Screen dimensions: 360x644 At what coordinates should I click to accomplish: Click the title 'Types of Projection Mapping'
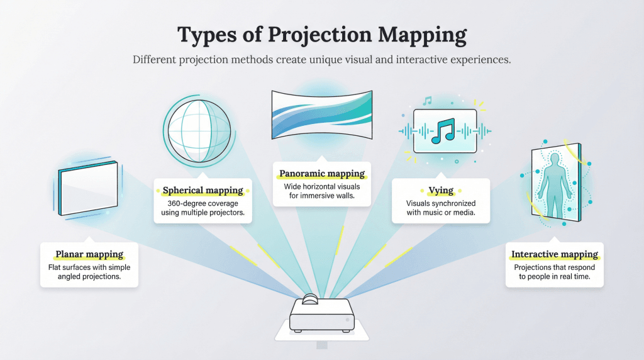click(x=322, y=35)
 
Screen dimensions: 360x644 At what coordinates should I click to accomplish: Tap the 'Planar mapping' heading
click(x=89, y=255)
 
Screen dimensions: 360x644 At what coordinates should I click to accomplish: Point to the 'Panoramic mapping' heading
click(x=322, y=174)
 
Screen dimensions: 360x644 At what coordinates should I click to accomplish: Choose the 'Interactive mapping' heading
click(x=554, y=255)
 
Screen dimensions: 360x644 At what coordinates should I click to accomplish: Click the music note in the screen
click(x=445, y=131)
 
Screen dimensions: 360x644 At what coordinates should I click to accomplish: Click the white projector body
click(x=321, y=315)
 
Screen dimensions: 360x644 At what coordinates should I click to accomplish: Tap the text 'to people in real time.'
click(x=554, y=277)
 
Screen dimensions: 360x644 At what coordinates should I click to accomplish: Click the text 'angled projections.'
click(x=89, y=277)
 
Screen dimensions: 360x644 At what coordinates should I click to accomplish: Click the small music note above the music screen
click(x=428, y=101)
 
